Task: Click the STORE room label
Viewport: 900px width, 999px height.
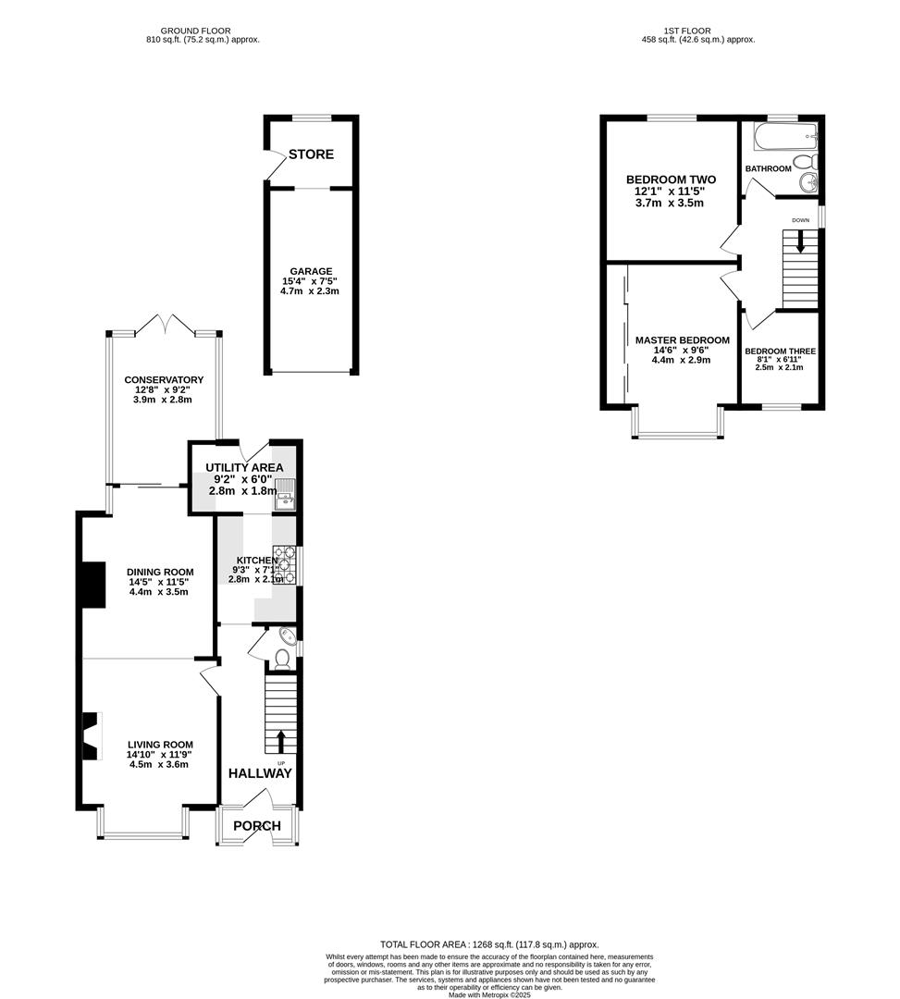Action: [x=311, y=154]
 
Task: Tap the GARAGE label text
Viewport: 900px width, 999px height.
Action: [x=310, y=272]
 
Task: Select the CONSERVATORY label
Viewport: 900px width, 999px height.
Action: [x=164, y=380]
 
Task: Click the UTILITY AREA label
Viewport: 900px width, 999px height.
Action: [x=245, y=468]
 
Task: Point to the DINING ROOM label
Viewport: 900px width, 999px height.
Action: [x=159, y=572]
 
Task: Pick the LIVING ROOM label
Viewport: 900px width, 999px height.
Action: [x=159, y=745]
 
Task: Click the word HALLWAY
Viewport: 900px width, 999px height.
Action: [x=260, y=773]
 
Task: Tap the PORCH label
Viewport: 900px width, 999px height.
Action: [x=256, y=826]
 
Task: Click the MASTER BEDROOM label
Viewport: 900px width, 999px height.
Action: [x=682, y=340]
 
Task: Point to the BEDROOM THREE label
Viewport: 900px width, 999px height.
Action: [x=780, y=351]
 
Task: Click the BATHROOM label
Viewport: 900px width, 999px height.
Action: [x=768, y=168]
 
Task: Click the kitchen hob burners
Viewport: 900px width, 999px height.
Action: [x=284, y=565]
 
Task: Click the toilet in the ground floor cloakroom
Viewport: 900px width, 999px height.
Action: [x=282, y=659]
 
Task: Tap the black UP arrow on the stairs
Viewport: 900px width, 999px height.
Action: [x=281, y=741]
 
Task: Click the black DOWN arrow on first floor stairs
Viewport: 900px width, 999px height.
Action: [x=800, y=243]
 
